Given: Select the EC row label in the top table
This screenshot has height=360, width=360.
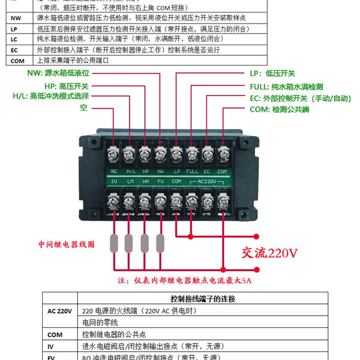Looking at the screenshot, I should pos(14,50).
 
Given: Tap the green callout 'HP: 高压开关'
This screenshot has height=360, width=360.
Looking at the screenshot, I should pos(66,85).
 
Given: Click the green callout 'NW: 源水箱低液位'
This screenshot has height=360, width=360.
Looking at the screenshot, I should pos(58,73).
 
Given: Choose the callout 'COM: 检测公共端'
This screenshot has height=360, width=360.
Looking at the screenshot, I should pos(279,109).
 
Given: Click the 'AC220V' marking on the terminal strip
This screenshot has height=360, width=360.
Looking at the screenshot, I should pos(207,181).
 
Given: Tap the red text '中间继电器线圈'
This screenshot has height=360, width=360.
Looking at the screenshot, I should pos(66,245).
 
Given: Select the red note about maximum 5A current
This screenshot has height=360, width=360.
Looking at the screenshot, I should pos(185,281).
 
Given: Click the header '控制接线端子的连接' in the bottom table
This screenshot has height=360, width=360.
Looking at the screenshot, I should pos(202,299).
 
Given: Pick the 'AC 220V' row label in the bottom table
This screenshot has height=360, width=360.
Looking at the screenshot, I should pos(60,310).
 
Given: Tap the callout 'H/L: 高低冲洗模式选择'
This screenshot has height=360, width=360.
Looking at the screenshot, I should pos(50,96).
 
